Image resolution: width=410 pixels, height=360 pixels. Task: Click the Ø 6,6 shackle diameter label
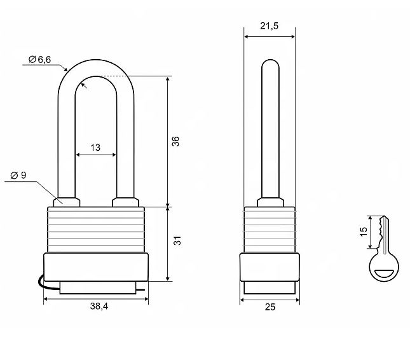(40, 60)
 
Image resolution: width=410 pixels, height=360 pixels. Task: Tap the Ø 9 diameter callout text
(18, 175)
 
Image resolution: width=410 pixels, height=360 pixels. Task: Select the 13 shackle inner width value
(95, 148)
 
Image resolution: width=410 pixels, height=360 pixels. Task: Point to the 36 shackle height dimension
(175, 141)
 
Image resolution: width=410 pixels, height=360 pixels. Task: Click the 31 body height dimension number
(177, 240)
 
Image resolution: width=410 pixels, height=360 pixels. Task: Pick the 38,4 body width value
(99, 306)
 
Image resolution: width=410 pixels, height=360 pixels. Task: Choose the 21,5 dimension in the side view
(270, 25)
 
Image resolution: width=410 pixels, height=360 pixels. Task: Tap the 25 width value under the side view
(270, 307)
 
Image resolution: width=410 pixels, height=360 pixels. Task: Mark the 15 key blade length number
(364, 232)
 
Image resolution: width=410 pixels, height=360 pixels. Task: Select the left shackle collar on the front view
(66, 202)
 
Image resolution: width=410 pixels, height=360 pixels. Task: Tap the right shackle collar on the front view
(125, 202)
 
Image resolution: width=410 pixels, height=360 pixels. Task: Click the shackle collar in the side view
(270, 202)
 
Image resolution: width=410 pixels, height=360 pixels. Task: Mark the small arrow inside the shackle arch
(84, 85)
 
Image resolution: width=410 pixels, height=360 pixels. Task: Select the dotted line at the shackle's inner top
(113, 76)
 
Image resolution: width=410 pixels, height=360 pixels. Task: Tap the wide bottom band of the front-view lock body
(96, 267)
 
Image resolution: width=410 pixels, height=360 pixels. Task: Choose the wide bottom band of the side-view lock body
(270, 267)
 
